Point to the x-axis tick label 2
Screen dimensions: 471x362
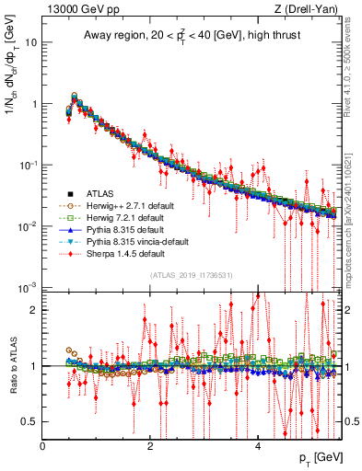pyautogui.click(x=150, y=446)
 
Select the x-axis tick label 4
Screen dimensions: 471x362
pyautogui.click(x=258, y=446)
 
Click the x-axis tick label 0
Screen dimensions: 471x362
pyautogui.click(x=43, y=446)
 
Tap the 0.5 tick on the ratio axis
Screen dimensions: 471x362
pyautogui.click(x=29, y=421)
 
